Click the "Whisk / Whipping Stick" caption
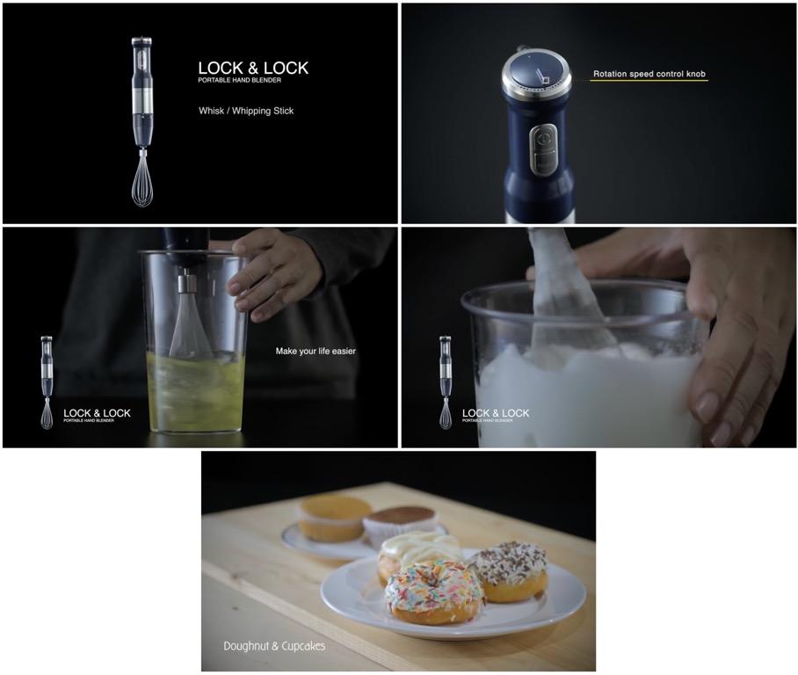pyautogui.click(x=246, y=112)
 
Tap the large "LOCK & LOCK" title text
pyautogui.click(x=253, y=69)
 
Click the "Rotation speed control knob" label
pyautogui.click(x=649, y=75)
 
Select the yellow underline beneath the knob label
pyautogui.click(x=649, y=82)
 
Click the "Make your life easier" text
pyautogui.click(x=316, y=352)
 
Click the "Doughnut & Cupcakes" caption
pyautogui.click(x=274, y=646)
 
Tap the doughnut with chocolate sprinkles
pyautogui.click(x=508, y=570)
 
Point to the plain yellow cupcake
pyautogui.click(x=334, y=517)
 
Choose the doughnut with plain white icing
pyautogui.click(x=417, y=551)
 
